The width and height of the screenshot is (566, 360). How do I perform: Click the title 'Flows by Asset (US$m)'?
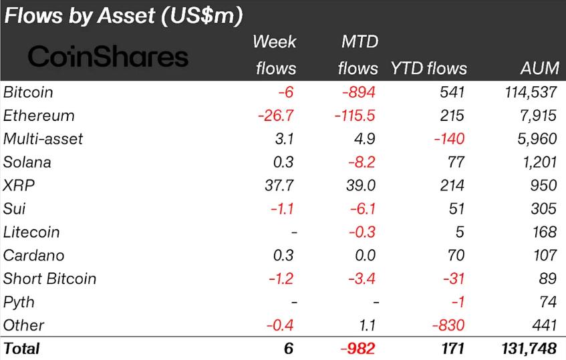point(124,15)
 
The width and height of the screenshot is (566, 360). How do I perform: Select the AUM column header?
point(538,68)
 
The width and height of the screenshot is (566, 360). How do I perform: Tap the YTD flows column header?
point(428,68)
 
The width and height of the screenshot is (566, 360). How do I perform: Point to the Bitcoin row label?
point(28,92)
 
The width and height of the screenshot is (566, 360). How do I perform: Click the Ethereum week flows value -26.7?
point(277,116)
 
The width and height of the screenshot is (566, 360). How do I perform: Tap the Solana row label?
point(27,162)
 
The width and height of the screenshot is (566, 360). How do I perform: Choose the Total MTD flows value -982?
point(358,348)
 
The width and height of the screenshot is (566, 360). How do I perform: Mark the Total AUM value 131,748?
point(528,348)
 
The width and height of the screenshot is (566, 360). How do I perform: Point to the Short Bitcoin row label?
point(49,279)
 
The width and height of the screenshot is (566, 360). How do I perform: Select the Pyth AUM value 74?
point(547,302)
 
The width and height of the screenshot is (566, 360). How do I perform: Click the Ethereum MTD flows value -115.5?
point(355,116)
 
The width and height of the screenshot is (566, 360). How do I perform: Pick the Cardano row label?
point(31,255)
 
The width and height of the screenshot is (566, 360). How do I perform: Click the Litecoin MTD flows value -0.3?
point(363,232)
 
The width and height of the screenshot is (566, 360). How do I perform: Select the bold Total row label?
point(21,348)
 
